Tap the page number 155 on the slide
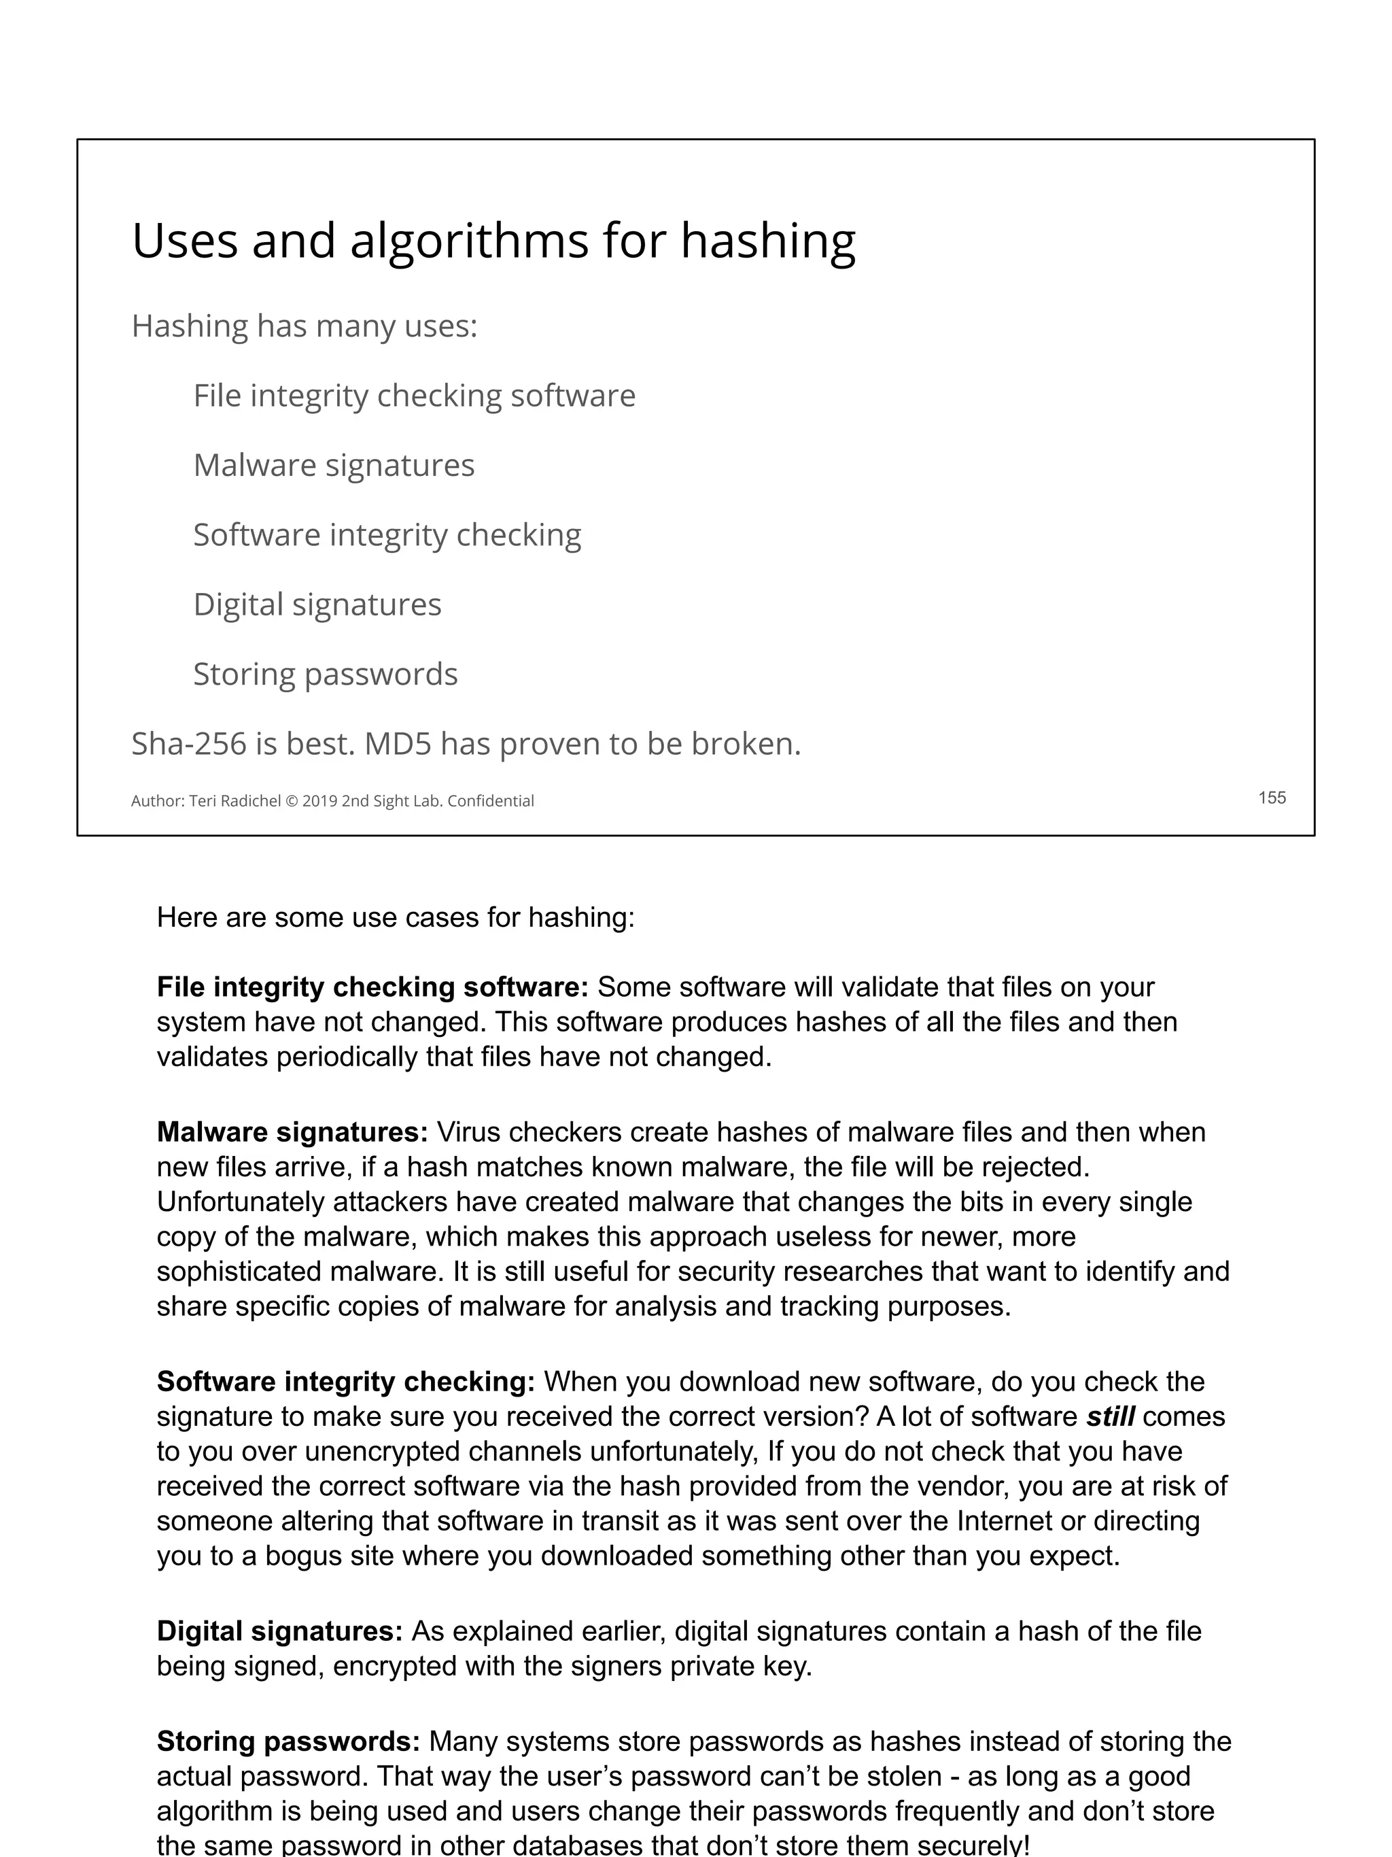pyautogui.click(x=1271, y=798)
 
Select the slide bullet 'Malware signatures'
pyautogui.click(x=333, y=465)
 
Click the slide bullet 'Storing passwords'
pyautogui.click(x=325, y=674)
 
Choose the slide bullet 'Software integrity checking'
pyautogui.click(x=387, y=534)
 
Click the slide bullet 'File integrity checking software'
pyautogui.click(x=414, y=396)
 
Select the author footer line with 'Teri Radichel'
pyautogui.click(x=332, y=801)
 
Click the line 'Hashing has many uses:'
pyautogui.click(x=304, y=326)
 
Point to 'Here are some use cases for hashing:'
pyautogui.click(x=395, y=917)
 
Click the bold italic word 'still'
pyautogui.click(x=1109, y=1417)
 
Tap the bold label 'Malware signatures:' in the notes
pyautogui.click(x=292, y=1133)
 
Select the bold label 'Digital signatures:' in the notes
pyautogui.click(x=279, y=1631)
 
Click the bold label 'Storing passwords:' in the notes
pyautogui.click(x=288, y=1742)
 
